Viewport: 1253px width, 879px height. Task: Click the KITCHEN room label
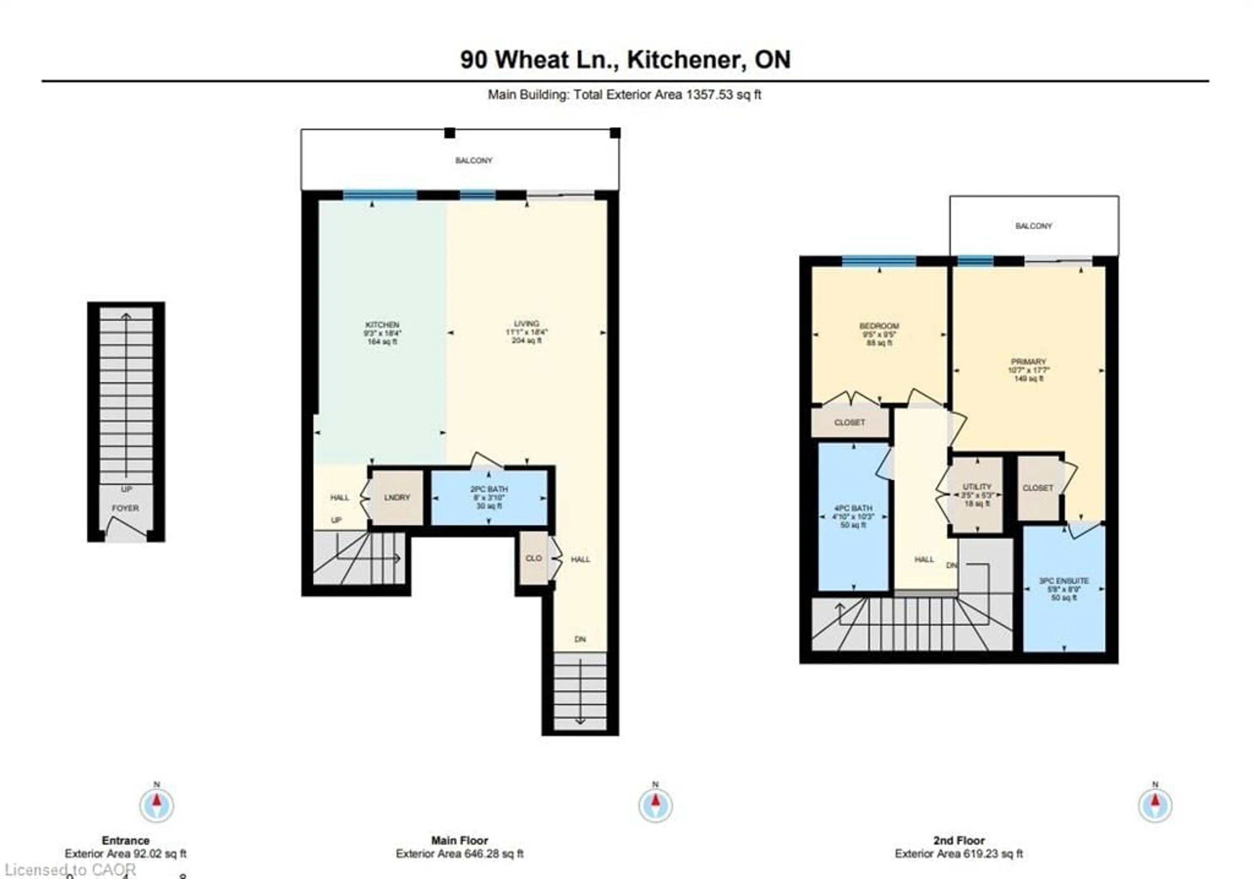[382, 324]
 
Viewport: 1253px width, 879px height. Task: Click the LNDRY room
[397, 497]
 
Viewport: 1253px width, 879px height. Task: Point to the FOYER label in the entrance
[126, 508]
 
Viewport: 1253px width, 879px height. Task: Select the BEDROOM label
[879, 326]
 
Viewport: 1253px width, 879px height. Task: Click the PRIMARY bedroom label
[1028, 361]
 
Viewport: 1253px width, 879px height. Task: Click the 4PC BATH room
[853, 516]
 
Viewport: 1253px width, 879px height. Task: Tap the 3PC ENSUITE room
[1064, 589]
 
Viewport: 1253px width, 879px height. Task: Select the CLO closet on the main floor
[533, 558]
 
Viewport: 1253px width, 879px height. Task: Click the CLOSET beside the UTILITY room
[1037, 488]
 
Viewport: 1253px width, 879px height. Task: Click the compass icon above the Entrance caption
[157, 805]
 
